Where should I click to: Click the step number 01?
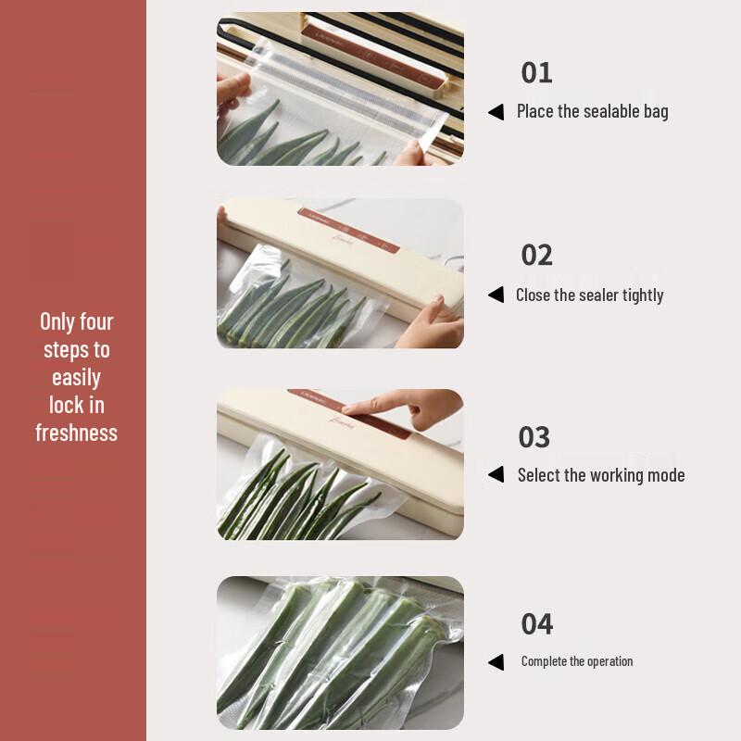(536, 72)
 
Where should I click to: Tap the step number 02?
(537, 255)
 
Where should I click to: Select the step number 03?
(534, 436)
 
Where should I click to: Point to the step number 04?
(537, 623)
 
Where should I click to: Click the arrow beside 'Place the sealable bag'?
(496, 112)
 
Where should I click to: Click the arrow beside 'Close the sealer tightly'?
(496, 295)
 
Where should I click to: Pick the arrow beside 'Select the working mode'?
(496, 474)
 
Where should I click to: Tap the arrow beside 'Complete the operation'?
(496, 661)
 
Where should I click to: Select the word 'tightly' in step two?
(640, 295)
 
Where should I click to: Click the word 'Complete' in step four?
(544, 661)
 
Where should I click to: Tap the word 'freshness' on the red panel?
(76, 433)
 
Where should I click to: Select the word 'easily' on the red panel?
(76, 378)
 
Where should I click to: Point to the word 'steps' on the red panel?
(65, 349)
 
